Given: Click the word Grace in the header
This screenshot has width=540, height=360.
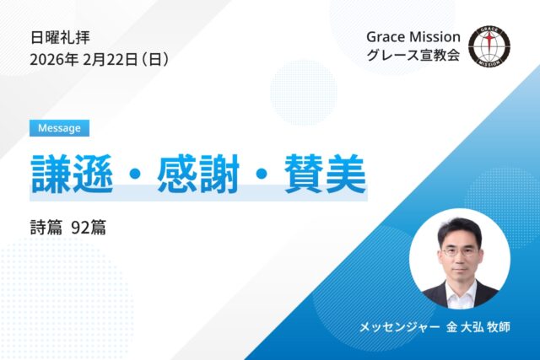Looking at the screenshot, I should point(386,37).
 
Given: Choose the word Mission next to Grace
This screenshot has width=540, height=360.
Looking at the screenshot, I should point(435,37).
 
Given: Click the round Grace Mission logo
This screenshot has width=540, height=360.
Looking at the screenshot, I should point(489,47).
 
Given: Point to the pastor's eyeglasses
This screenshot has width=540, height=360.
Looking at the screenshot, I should point(460,250).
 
